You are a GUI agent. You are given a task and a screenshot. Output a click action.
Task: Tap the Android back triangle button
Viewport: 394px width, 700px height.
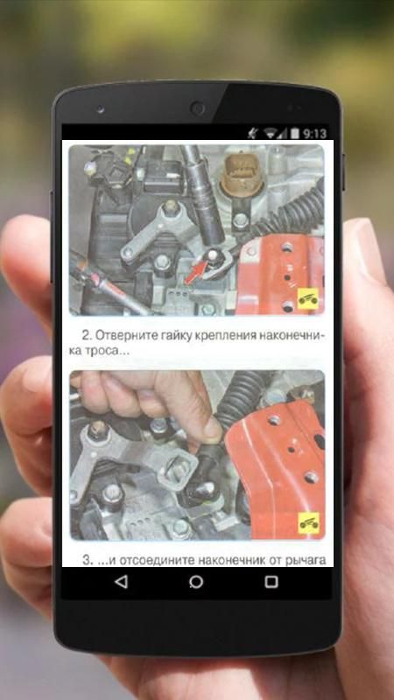coord(121,582)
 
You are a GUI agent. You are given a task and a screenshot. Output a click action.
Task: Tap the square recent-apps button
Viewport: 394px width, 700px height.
coord(271,582)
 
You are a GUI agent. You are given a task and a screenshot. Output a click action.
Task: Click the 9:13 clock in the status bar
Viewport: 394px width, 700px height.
coord(314,134)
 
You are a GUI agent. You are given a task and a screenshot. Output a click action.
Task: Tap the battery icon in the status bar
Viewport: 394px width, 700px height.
coord(295,134)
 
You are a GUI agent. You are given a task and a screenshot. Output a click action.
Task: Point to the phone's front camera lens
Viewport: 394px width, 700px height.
coord(197,108)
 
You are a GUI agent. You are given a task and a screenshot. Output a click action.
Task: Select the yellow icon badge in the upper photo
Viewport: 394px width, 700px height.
coord(308,298)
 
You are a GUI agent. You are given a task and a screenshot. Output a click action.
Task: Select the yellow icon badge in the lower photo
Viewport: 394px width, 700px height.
coord(309,523)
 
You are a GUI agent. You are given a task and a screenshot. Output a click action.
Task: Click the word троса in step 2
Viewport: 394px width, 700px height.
coord(100,352)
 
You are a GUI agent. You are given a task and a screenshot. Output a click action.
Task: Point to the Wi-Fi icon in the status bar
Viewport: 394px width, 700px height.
coord(270,134)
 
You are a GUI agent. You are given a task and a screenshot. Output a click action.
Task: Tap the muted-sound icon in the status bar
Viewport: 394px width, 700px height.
coord(253,133)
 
